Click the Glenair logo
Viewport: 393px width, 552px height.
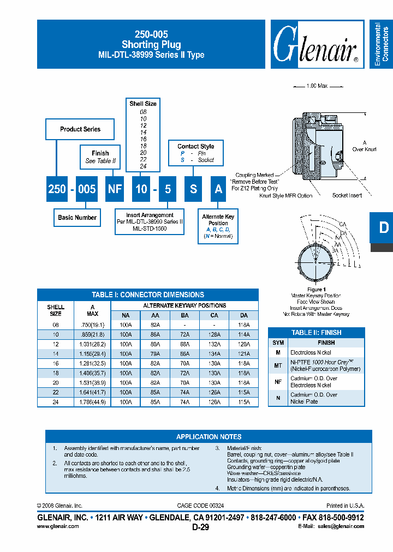click(x=315, y=45)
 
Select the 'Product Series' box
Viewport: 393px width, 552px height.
click(x=80, y=129)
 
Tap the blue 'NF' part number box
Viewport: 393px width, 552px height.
click(x=115, y=189)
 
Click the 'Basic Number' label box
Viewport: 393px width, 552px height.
click(x=77, y=218)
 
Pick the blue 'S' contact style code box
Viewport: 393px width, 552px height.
click(x=193, y=189)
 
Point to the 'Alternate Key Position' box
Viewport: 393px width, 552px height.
click(x=218, y=226)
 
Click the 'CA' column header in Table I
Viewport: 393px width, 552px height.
click(x=214, y=316)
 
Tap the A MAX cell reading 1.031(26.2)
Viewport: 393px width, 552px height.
click(x=92, y=345)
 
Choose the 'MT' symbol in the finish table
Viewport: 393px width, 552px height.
click(x=278, y=365)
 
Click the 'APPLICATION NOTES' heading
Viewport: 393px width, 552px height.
click(x=209, y=436)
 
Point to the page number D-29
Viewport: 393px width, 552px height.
click(x=200, y=527)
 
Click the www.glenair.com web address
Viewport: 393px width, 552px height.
click(x=58, y=526)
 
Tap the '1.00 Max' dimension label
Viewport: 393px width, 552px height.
click(x=318, y=86)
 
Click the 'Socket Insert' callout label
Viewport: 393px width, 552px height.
click(x=348, y=195)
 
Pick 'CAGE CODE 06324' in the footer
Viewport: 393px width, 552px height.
click(x=200, y=506)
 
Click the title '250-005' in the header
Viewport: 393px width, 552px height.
click(x=151, y=34)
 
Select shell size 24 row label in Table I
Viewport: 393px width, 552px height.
click(x=56, y=402)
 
